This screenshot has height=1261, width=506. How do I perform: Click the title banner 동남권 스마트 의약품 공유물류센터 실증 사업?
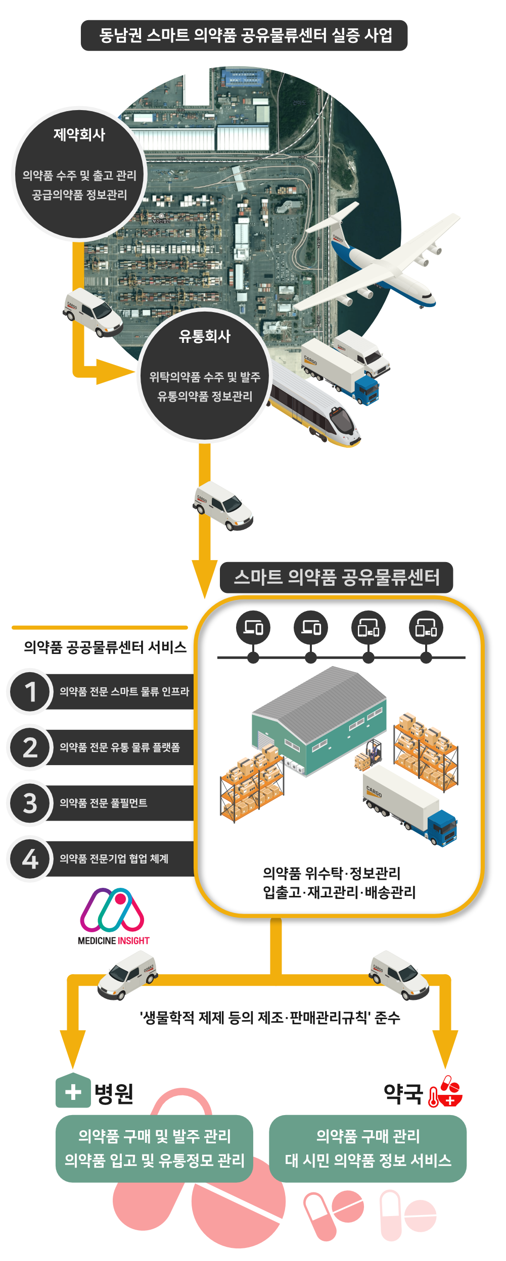coord(244,35)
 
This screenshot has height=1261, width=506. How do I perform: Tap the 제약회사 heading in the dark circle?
coord(79,135)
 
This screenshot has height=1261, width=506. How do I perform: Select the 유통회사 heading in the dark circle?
coord(205,336)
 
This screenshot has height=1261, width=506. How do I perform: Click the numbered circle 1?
coord(30,691)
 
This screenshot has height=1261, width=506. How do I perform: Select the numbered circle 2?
coord(30,747)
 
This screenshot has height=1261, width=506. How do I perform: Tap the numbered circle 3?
coord(30,803)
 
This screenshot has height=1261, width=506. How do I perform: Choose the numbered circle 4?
coord(30,859)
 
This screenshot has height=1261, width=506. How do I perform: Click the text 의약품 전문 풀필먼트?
coord(104,803)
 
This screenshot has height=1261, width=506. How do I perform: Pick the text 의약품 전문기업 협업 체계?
coord(114,859)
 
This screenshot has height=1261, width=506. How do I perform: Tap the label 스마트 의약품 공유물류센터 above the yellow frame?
coord(336,577)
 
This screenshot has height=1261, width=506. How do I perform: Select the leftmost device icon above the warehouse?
coord(253,628)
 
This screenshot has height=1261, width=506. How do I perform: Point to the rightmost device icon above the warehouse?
coord(426,628)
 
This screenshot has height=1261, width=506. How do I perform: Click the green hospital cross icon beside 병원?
coord(73,1092)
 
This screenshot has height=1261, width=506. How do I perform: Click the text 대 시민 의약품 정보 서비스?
coord(368,1160)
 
